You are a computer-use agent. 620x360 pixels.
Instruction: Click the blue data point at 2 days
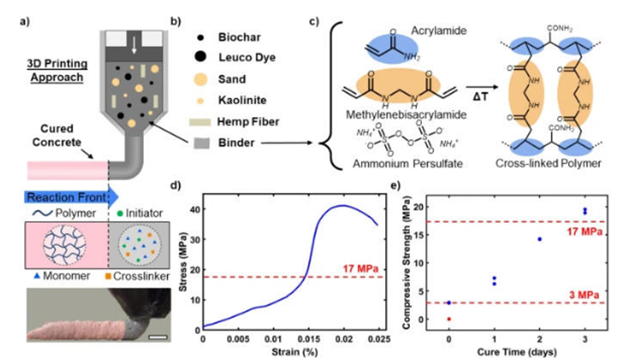(x=539, y=239)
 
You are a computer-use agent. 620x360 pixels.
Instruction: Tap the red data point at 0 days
(x=449, y=318)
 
